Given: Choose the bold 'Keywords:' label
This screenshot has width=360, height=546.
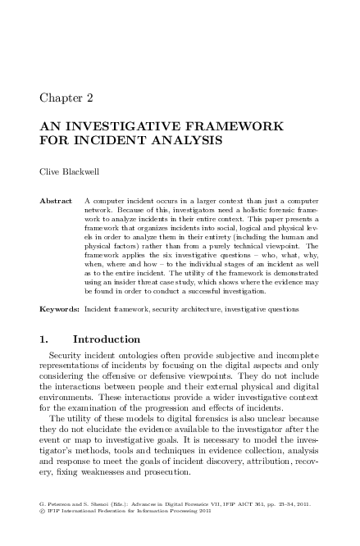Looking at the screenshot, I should [x=59, y=310].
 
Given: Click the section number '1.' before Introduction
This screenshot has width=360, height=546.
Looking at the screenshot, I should [x=45, y=339].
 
